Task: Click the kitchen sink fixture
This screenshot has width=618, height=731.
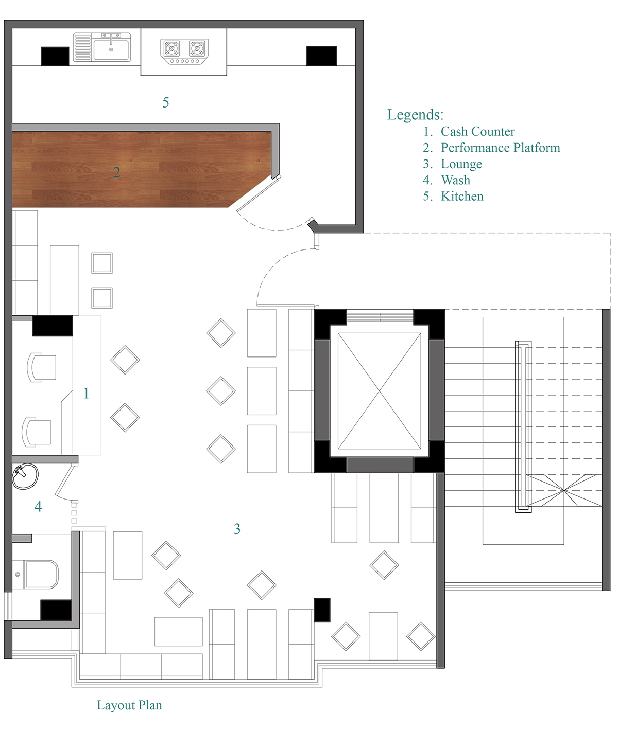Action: point(101,48)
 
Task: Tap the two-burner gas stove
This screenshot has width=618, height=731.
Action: point(184,51)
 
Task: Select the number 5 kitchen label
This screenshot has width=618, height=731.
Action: point(166,102)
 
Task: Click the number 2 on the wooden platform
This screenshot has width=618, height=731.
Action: point(117,172)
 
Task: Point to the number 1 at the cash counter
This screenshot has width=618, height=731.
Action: point(86,394)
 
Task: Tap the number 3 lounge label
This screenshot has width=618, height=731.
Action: point(237,529)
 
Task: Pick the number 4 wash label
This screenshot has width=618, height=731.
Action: point(38,506)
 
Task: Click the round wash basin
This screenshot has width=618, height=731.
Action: point(25,476)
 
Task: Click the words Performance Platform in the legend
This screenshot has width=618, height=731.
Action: point(500,148)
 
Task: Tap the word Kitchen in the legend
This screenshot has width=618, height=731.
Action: point(462,197)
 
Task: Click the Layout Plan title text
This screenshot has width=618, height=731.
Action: point(129,705)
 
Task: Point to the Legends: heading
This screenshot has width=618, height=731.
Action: point(415,115)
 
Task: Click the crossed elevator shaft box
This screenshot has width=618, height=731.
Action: point(379,391)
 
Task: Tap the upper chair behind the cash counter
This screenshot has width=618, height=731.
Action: point(42,367)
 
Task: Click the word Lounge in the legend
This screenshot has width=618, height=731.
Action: point(461,164)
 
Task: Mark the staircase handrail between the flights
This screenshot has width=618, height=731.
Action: point(523,427)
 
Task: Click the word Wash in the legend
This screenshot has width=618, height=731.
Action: point(455,180)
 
